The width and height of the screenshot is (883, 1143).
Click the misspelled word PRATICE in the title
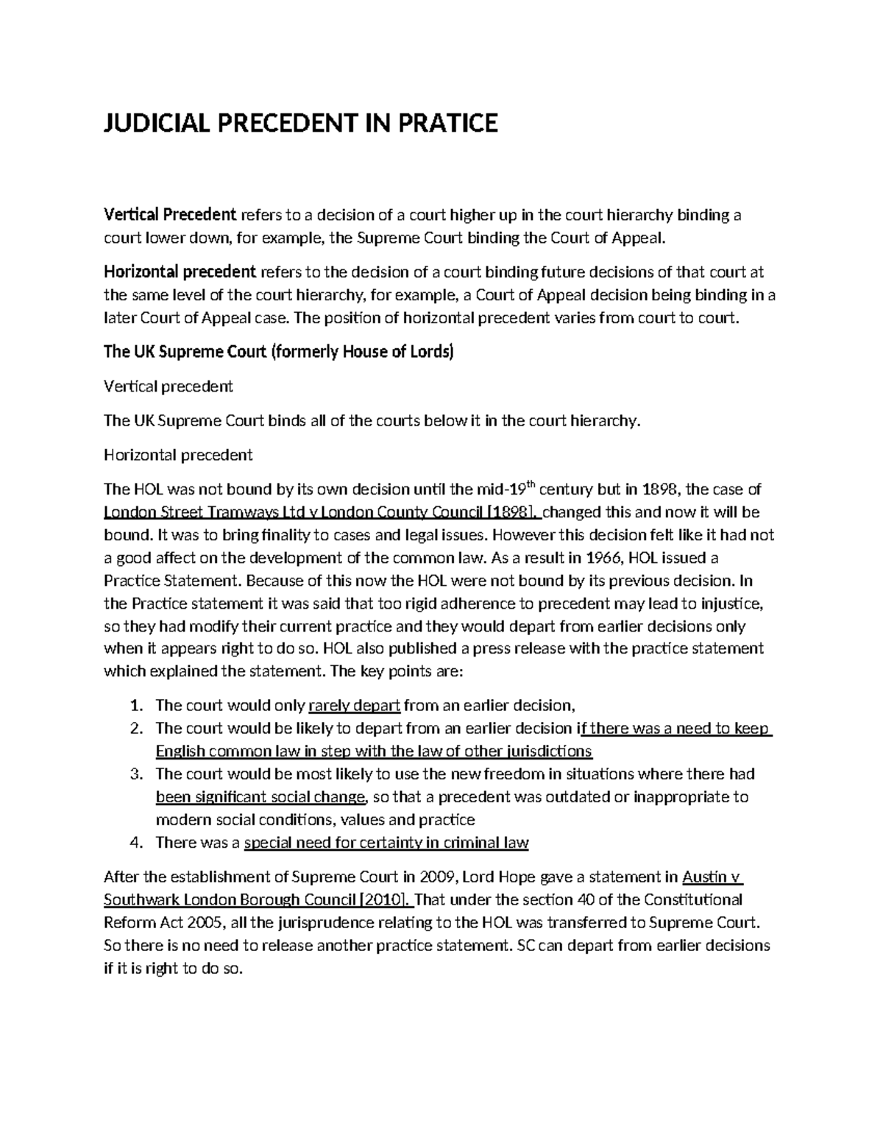pyautogui.click(x=448, y=123)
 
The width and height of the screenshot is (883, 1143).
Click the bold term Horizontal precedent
pyautogui.click(x=180, y=272)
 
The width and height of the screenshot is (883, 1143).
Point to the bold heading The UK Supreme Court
pyautogui.click(x=185, y=351)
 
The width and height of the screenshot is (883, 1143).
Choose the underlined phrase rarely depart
pyautogui.click(x=354, y=706)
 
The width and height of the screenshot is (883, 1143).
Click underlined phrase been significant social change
pyautogui.click(x=260, y=797)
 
